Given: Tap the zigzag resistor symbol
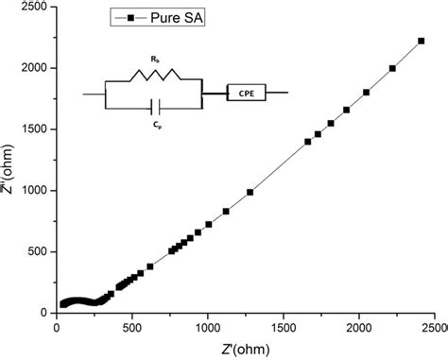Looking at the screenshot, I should click(154, 76).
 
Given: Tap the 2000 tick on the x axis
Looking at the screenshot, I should click(359, 328).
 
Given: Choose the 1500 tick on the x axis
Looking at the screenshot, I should click(284, 328).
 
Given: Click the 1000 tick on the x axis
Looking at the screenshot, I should click(208, 328).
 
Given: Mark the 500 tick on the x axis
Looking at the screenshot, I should click(132, 328).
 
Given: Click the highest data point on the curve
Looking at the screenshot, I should click(421, 41).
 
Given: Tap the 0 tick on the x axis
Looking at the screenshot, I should click(57, 328).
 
